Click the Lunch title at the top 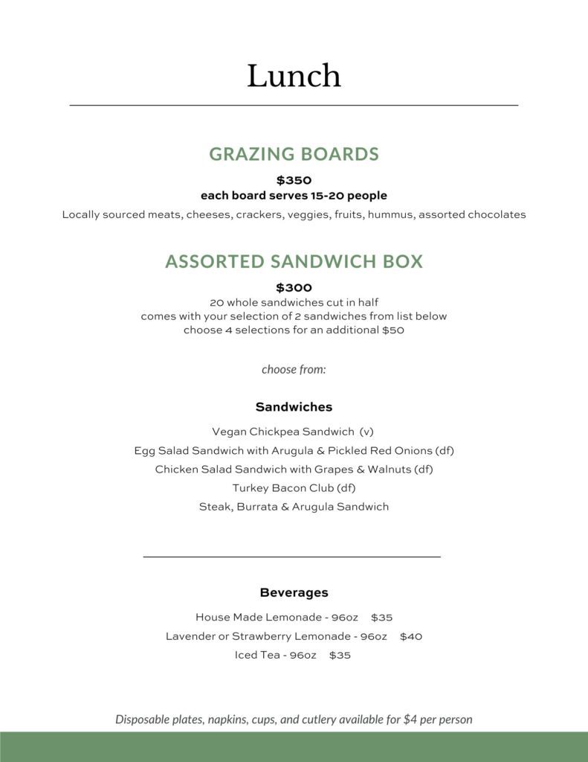coord(294,76)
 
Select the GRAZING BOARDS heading coord(294,154)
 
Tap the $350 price coord(294,180)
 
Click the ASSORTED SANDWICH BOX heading coord(294,261)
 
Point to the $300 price coord(294,287)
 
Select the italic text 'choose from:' coord(294,369)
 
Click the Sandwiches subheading coord(294,407)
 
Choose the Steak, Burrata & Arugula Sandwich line coord(294,507)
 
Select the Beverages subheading coord(294,593)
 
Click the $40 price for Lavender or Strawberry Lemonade coord(411,636)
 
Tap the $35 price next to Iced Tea coord(340,656)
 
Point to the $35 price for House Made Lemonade coord(381,618)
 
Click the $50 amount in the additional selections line coord(392,330)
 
